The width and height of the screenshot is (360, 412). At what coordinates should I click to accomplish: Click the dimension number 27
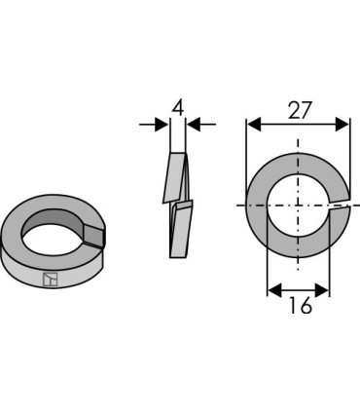300,109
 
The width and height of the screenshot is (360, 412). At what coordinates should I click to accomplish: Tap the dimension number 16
300,307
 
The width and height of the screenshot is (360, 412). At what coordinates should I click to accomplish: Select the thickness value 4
178,106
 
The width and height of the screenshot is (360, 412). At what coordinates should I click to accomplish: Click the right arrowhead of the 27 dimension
343,125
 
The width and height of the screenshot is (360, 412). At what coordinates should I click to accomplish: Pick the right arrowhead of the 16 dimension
325,288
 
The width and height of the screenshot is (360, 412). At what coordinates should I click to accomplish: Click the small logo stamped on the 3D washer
51,279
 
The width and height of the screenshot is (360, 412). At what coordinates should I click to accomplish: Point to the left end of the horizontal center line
236,206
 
